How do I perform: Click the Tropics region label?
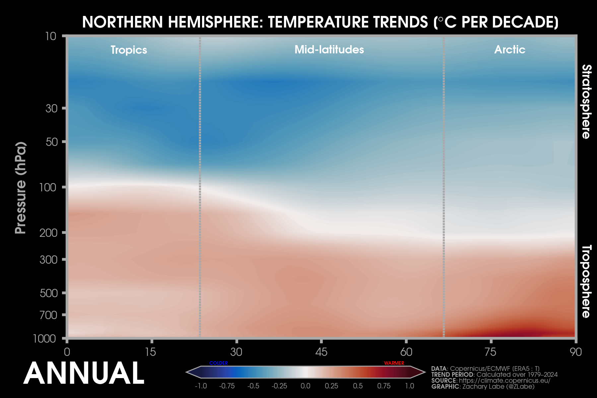(x=129, y=50)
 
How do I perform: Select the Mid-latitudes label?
(x=329, y=50)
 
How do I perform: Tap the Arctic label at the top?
(x=509, y=50)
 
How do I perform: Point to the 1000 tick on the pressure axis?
(x=44, y=339)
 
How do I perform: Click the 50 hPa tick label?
(x=51, y=142)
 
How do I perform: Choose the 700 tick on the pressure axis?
(x=48, y=315)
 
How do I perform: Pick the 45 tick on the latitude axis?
(x=321, y=352)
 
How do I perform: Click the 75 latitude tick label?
(x=491, y=352)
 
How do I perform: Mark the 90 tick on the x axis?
(x=576, y=352)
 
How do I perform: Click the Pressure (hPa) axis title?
(x=21, y=188)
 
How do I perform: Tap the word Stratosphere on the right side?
(x=586, y=101)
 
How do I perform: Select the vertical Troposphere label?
(x=586, y=281)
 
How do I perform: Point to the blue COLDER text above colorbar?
(x=219, y=363)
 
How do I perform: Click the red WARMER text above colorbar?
(x=394, y=363)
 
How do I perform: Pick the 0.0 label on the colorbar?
(x=305, y=386)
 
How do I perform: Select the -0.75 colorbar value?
(x=227, y=386)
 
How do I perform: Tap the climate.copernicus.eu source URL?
(x=504, y=380)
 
